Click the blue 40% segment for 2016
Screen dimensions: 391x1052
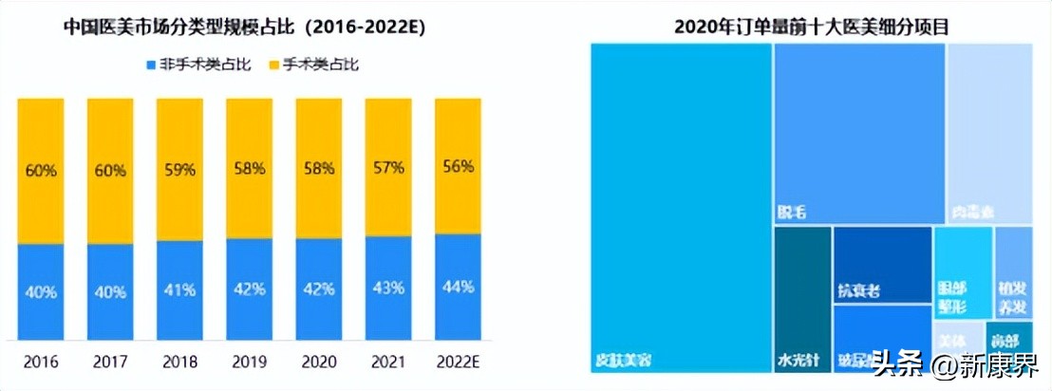coord(41,291)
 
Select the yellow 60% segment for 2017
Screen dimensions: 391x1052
coord(110,171)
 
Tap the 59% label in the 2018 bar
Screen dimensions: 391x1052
coord(180,171)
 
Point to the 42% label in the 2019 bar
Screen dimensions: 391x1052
coord(249,289)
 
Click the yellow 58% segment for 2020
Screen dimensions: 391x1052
coord(319,168)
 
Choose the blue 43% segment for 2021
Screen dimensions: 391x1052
coord(388,287)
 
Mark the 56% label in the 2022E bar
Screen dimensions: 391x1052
coord(459,166)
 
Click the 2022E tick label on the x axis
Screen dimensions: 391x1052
coord(459,362)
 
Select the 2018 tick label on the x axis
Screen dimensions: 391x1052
coord(180,362)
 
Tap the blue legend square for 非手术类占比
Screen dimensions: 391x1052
coord(151,65)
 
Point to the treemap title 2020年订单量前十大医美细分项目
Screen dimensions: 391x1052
coord(811,27)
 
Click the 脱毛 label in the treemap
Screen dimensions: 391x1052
coord(793,212)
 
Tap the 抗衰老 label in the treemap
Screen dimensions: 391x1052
coord(858,291)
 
